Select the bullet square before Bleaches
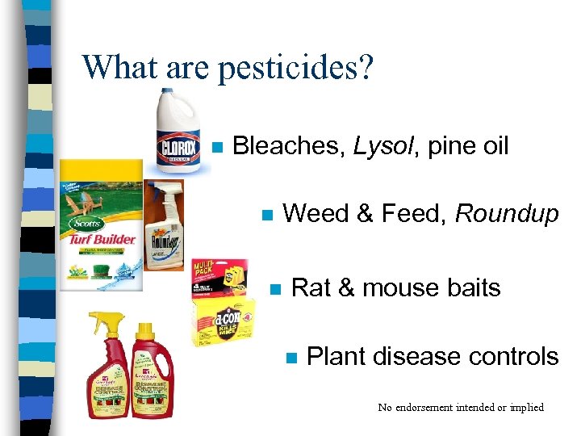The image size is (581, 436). point(215,148)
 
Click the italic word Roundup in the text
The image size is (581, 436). point(507,214)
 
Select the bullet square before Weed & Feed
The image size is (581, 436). point(267,216)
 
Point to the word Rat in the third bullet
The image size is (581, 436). point(310,288)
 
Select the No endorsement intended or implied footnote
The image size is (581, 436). point(461,407)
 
